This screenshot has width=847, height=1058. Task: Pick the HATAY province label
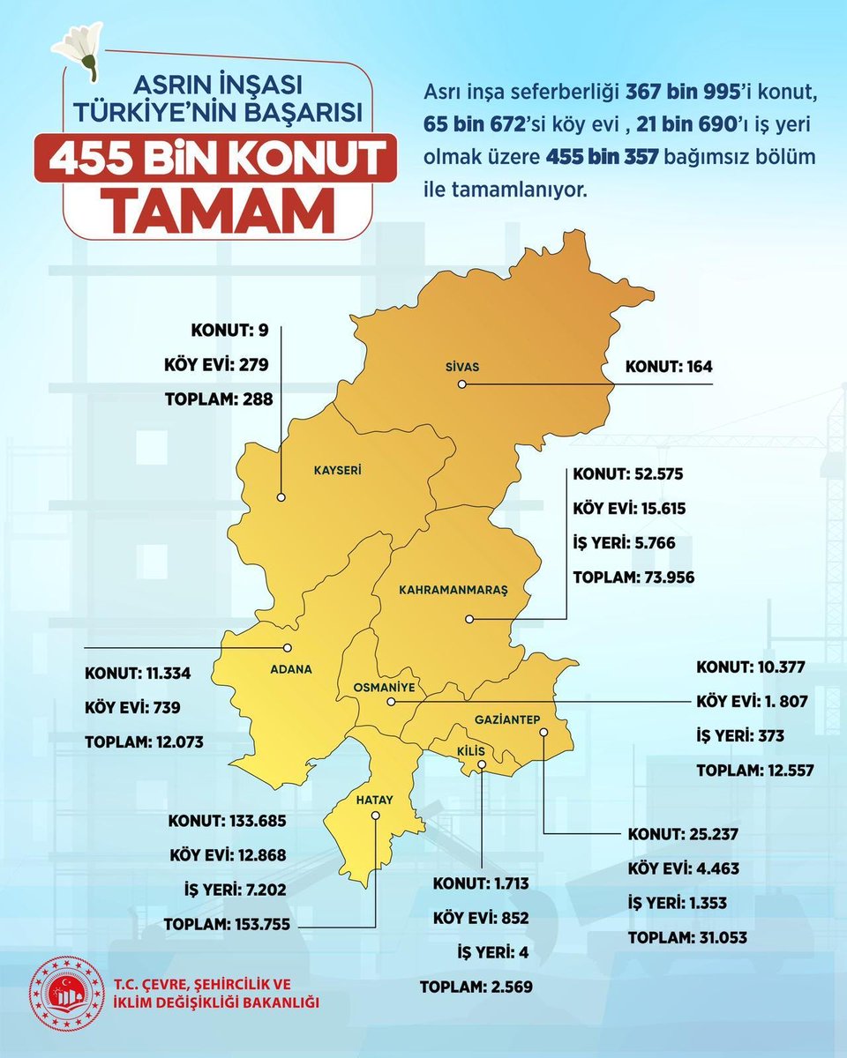click(373, 800)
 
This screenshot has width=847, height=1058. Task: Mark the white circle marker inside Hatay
click(375, 816)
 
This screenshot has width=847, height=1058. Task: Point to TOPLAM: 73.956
click(633, 577)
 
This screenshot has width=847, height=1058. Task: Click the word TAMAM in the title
click(226, 205)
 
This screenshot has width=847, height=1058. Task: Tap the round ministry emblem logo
click(63, 993)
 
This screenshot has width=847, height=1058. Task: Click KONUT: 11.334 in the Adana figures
click(138, 674)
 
